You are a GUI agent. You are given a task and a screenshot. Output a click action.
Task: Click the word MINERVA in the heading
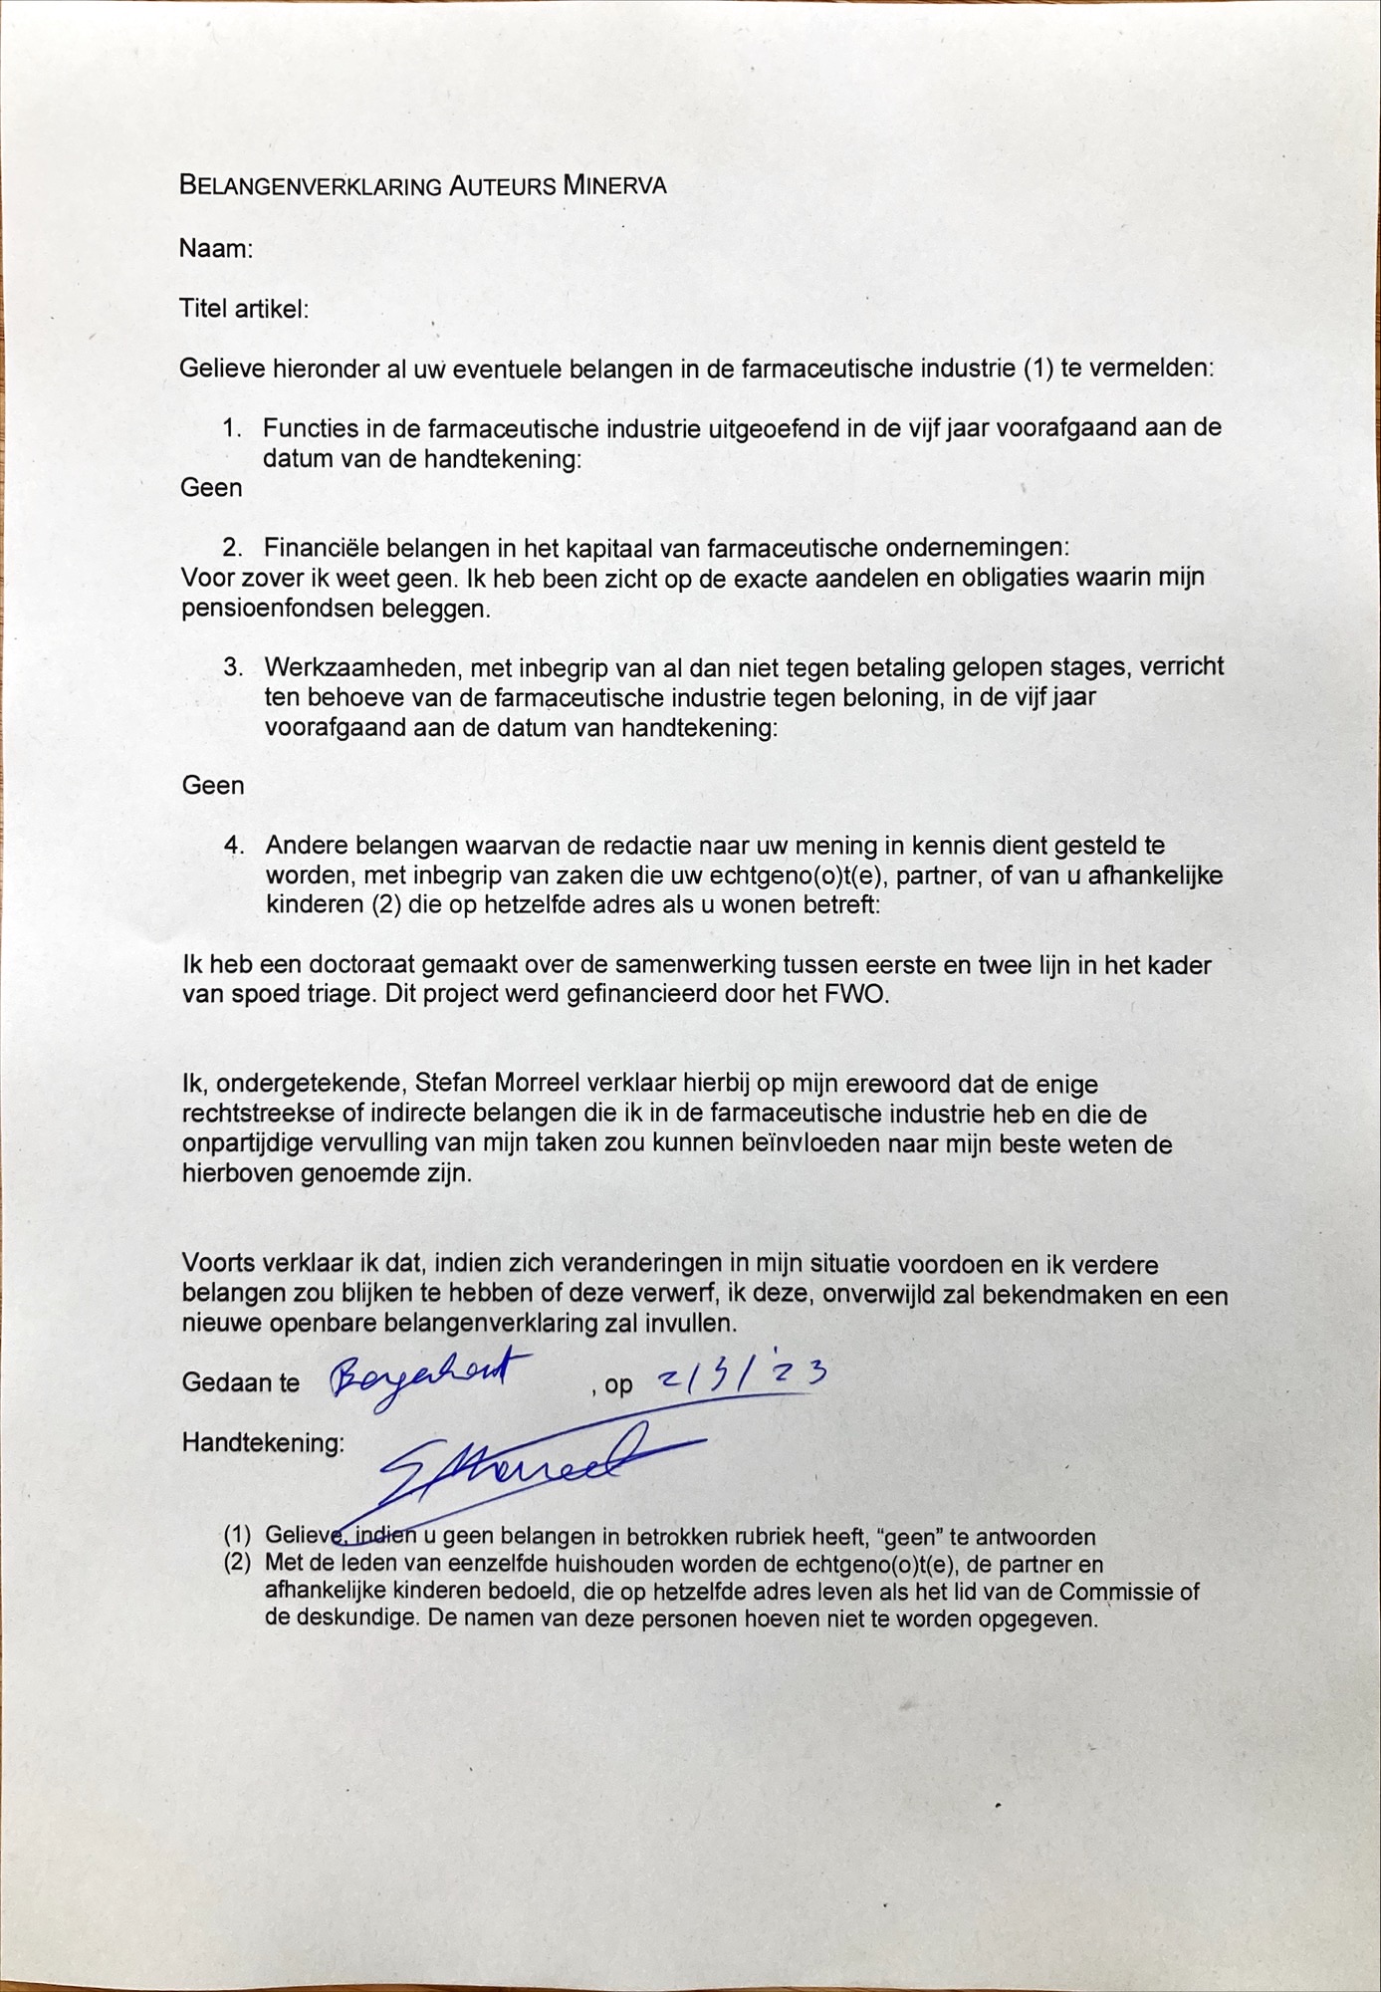coord(614,185)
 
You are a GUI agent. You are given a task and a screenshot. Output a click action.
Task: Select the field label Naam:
coord(216,248)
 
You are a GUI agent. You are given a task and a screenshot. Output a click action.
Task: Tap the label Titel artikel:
coord(244,309)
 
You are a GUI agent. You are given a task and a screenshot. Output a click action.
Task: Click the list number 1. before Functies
coord(233,428)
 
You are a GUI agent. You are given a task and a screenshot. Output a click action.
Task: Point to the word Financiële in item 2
coord(321,548)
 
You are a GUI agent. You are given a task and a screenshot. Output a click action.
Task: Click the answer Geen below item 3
coord(212,786)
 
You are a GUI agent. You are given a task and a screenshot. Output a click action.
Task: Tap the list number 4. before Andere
coord(234,846)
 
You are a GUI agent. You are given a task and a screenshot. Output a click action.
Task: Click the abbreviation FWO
coord(858,994)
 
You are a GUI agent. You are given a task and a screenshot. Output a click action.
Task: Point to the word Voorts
coord(217,1264)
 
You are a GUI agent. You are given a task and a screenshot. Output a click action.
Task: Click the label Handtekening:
coord(263,1443)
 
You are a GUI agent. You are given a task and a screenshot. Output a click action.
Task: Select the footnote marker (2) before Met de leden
coord(237,1563)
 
